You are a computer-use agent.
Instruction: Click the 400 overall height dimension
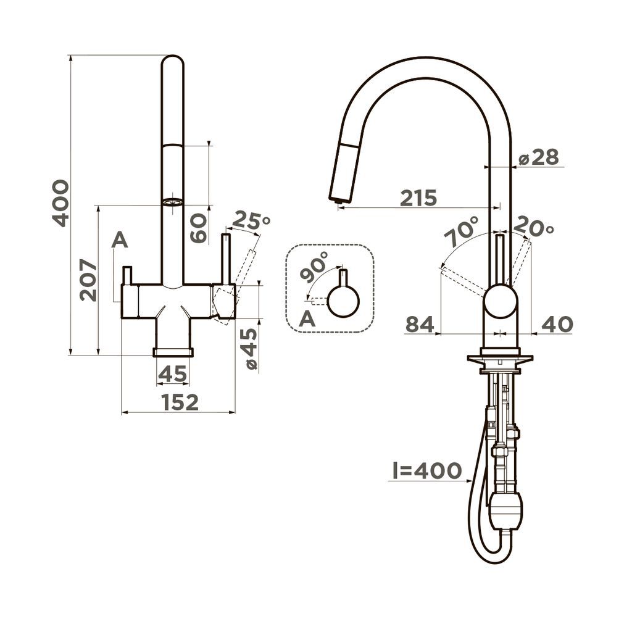click(60, 203)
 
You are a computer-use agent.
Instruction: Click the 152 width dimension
click(180, 402)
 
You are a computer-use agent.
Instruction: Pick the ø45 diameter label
click(250, 349)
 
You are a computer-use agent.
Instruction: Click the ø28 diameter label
click(538, 157)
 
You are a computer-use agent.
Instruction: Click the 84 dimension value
click(420, 324)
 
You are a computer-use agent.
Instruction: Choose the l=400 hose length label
click(426, 471)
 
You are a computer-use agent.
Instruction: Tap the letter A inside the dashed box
click(307, 318)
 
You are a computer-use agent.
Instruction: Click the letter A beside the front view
click(120, 240)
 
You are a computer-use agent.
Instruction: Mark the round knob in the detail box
click(343, 301)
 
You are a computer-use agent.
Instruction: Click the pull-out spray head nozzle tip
click(338, 199)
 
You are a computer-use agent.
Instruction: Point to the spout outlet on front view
click(172, 201)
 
